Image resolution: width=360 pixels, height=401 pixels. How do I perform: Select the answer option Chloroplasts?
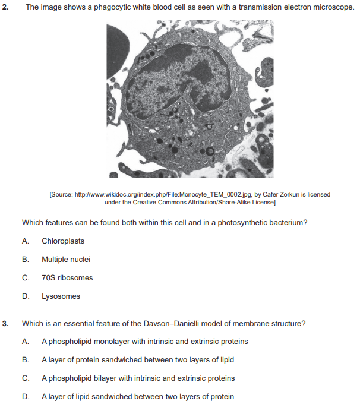click(x=63, y=241)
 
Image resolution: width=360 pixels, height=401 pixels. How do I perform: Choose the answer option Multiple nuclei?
click(x=66, y=260)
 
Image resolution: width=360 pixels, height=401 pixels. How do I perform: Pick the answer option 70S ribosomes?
click(x=67, y=278)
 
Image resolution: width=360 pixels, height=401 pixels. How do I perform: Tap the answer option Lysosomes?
click(x=61, y=296)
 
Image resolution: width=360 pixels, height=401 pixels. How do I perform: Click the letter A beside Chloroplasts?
click(x=24, y=241)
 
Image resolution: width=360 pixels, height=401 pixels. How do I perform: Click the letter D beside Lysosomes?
click(x=24, y=296)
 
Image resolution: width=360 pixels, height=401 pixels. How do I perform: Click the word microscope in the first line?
click(x=334, y=6)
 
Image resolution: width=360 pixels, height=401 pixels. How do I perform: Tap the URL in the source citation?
click(x=162, y=195)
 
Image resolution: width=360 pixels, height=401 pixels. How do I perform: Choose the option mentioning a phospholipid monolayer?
click(x=144, y=342)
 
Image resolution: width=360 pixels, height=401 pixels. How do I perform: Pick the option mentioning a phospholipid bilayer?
click(x=138, y=378)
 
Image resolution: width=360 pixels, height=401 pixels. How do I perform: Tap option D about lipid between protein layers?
click(x=138, y=397)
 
